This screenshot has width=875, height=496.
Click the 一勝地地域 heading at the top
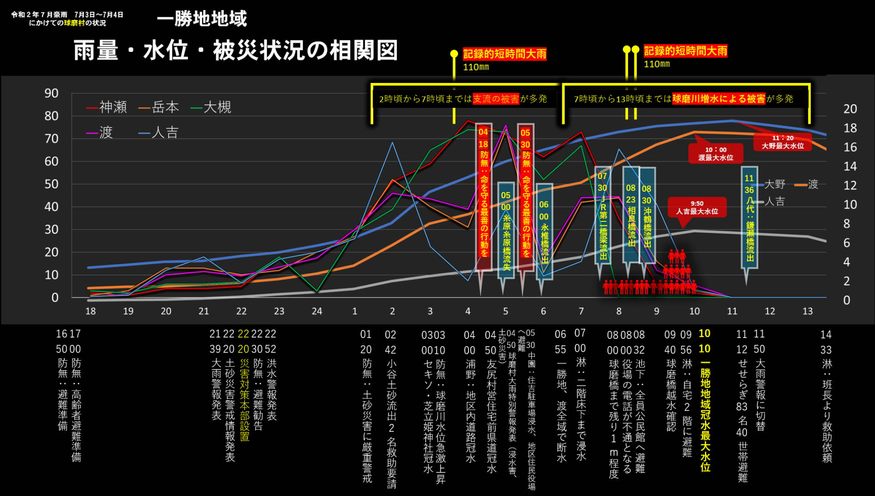[201, 19]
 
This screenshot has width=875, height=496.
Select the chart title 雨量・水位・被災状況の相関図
[236, 50]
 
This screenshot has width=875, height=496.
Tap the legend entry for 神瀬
[107, 107]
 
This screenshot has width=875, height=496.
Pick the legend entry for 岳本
[159, 107]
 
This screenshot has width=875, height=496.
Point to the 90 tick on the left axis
[51, 93]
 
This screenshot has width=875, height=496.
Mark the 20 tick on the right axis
[850, 109]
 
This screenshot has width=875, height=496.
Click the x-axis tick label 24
[317, 311]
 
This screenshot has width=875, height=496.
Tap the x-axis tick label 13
[808, 311]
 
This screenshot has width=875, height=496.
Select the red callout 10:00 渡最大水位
[715, 154]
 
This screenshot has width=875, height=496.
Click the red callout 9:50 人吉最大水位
[697, 208]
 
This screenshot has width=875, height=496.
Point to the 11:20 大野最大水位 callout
[782, 142]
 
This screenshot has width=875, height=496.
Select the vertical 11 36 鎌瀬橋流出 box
[749, 218]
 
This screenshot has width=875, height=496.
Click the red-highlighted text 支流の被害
[496, 99]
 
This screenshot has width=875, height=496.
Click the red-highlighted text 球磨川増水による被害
[719, 99]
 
